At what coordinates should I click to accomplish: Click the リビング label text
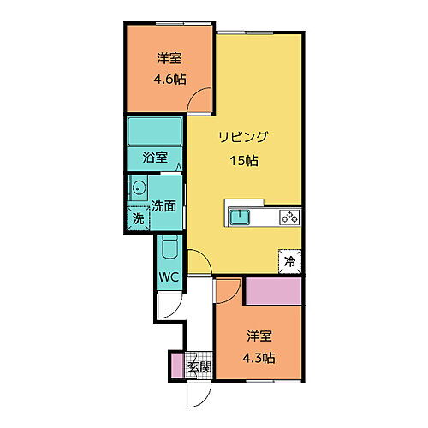[243, 137]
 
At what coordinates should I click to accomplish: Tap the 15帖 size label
[243, 159]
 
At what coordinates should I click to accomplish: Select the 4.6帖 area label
[169, 80]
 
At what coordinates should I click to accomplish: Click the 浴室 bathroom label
[154, 158]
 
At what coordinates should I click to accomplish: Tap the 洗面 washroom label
[164, 205]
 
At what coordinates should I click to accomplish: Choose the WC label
[168, 278]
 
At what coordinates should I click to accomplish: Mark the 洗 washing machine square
[138, 218]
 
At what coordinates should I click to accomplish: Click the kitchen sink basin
[241, 217]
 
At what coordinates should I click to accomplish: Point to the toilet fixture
[169, 249]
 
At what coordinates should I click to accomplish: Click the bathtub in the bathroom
[154, 133]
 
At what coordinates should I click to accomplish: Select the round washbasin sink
[139, 189]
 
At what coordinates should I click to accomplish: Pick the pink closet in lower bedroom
[274, 291]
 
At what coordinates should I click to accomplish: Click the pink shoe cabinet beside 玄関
[178, 366]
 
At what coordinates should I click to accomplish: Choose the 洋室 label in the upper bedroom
[169, 59]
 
